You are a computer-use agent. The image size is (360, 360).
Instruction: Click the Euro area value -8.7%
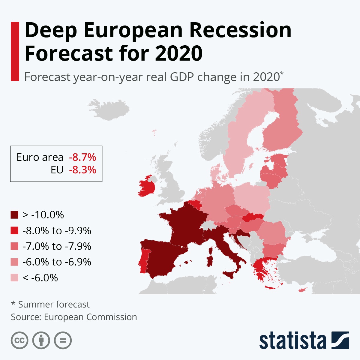[82, 157]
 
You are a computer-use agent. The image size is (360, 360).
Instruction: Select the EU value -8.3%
[82, 170]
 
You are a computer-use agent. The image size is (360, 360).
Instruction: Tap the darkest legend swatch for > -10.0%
[15, 215]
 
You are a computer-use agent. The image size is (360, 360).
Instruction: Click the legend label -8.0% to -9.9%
[57, 231]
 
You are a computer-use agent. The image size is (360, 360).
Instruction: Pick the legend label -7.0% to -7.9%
[57, 246]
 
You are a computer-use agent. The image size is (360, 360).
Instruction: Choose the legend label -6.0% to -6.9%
[57, 262]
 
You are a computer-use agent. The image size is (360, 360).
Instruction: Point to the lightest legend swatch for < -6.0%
[15, 278]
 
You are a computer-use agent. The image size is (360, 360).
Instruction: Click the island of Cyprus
[302, 290]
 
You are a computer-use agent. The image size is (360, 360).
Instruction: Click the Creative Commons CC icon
[19, 340]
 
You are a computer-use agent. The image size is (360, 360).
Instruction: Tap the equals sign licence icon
[63, 340]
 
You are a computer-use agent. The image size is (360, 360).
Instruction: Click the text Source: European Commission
[74, 317]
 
